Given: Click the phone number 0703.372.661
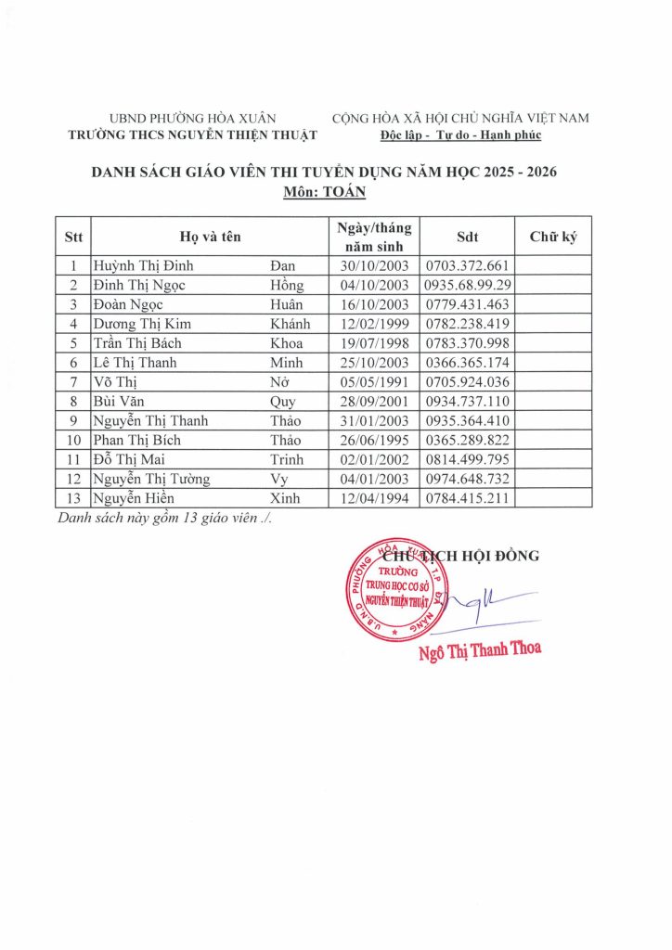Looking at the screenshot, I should click(x=466, y=265).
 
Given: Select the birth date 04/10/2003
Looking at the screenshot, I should click(x=374, y=285).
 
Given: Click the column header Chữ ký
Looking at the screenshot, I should click(x=553, y=237).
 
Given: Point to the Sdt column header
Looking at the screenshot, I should click(x=468, y=237).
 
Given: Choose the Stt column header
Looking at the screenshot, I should click(x=73, y=237).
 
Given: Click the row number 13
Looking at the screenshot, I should click(x=73, y=498).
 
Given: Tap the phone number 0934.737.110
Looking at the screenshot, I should click(x=466, y=402).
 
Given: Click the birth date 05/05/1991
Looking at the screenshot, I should click(x=374, y=382).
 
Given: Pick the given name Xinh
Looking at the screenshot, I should click(x=286, y=498).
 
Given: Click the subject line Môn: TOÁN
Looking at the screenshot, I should click(x=324, y=193).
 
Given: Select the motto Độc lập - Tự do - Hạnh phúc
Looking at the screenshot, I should click(x=460, y=135).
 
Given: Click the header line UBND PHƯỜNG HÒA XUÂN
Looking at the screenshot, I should click(x=193, y=118).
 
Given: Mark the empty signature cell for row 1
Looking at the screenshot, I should click(x=553, y=265).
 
